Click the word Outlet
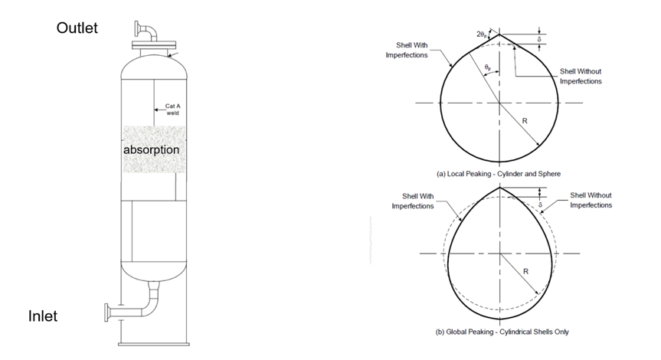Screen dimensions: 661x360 tap(77, 28)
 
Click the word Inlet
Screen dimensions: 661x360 tap(43, 316)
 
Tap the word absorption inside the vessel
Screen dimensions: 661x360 tap(152, 149)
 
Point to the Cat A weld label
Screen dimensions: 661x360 tap(173, 110)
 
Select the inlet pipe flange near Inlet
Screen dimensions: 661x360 tap(106, 313)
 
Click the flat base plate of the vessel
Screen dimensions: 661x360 tap(153, 345)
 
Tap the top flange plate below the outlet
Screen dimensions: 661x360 tap(154, 44)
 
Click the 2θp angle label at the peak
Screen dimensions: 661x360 tap(482, 34)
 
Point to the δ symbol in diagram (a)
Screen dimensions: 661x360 tap(539, 39)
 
